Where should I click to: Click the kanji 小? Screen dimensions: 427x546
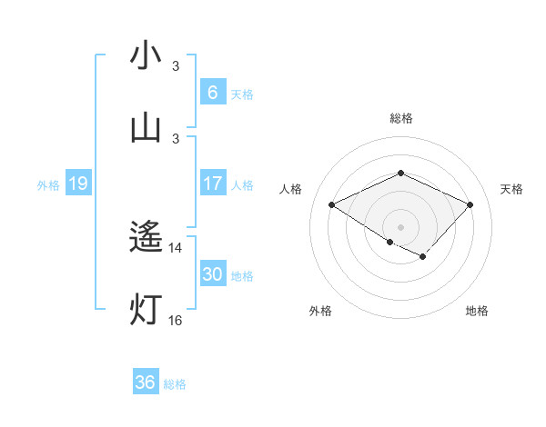coord(146,55)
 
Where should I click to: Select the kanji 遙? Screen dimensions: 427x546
coord(146,238)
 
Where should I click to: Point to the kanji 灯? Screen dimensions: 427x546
coord(146,310)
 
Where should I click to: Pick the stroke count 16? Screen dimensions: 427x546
coord(176,321)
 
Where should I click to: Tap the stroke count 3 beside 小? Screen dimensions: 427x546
coord(176,66)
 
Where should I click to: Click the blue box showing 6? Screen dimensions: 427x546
coord(212,92)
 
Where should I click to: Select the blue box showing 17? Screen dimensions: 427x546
coord(212,184)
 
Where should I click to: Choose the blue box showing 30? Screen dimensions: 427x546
coord(212,274)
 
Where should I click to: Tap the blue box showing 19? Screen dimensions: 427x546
coord(77,184)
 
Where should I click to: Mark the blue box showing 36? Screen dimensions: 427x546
coord(146,382)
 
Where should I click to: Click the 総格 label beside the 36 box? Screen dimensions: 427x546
coord(175,384)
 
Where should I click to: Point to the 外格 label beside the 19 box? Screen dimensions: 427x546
coord(48,185)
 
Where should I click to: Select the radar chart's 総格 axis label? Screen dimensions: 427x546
coord(401,118)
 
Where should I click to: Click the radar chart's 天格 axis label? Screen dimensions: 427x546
coord(512,189)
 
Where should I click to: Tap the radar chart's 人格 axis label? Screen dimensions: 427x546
coord(291,189)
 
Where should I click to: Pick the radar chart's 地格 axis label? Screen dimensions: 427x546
coord(477,311)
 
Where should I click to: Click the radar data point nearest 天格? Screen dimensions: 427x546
coord(470,204)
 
